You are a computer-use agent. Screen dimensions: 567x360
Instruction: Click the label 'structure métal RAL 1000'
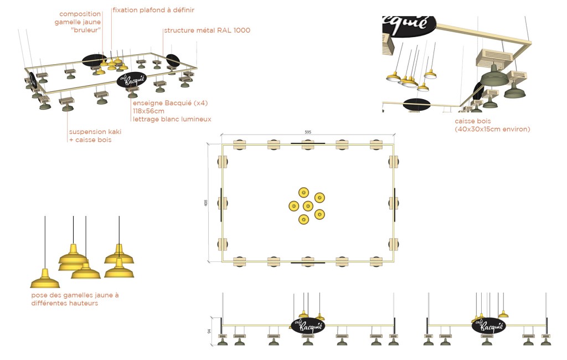coord(207,30)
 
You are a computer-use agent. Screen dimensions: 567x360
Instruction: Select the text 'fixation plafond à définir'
coord(153,10)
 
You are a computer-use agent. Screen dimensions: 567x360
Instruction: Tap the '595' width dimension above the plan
coord(308,132)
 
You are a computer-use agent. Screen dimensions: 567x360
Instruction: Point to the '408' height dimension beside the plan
coord(206,203)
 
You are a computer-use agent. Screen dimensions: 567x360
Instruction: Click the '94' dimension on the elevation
coord(209,331)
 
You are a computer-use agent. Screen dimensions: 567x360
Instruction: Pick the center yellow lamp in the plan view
coord(308,206)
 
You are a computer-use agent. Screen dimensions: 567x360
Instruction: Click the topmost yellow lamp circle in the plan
coord(304,193)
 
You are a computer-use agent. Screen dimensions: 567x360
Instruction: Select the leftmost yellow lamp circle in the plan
coord(294,206)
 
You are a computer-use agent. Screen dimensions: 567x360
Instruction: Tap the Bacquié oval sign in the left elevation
coord(308,326)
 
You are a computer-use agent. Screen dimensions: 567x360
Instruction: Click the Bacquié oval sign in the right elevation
coord(488,326)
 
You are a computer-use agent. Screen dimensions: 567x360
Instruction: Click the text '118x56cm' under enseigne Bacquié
coord(148,111)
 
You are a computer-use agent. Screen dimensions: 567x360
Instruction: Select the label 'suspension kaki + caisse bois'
coord(95,136)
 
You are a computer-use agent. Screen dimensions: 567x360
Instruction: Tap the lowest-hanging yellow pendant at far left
coord(45,279)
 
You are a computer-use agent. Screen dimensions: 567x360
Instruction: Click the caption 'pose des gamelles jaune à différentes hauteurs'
coord(75,299)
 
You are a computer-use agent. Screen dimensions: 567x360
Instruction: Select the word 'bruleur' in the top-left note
coord(87,30)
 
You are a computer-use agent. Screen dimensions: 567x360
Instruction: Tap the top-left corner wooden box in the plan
coord(239,145)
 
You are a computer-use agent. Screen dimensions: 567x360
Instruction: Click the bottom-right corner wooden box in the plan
coord(376,261)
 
